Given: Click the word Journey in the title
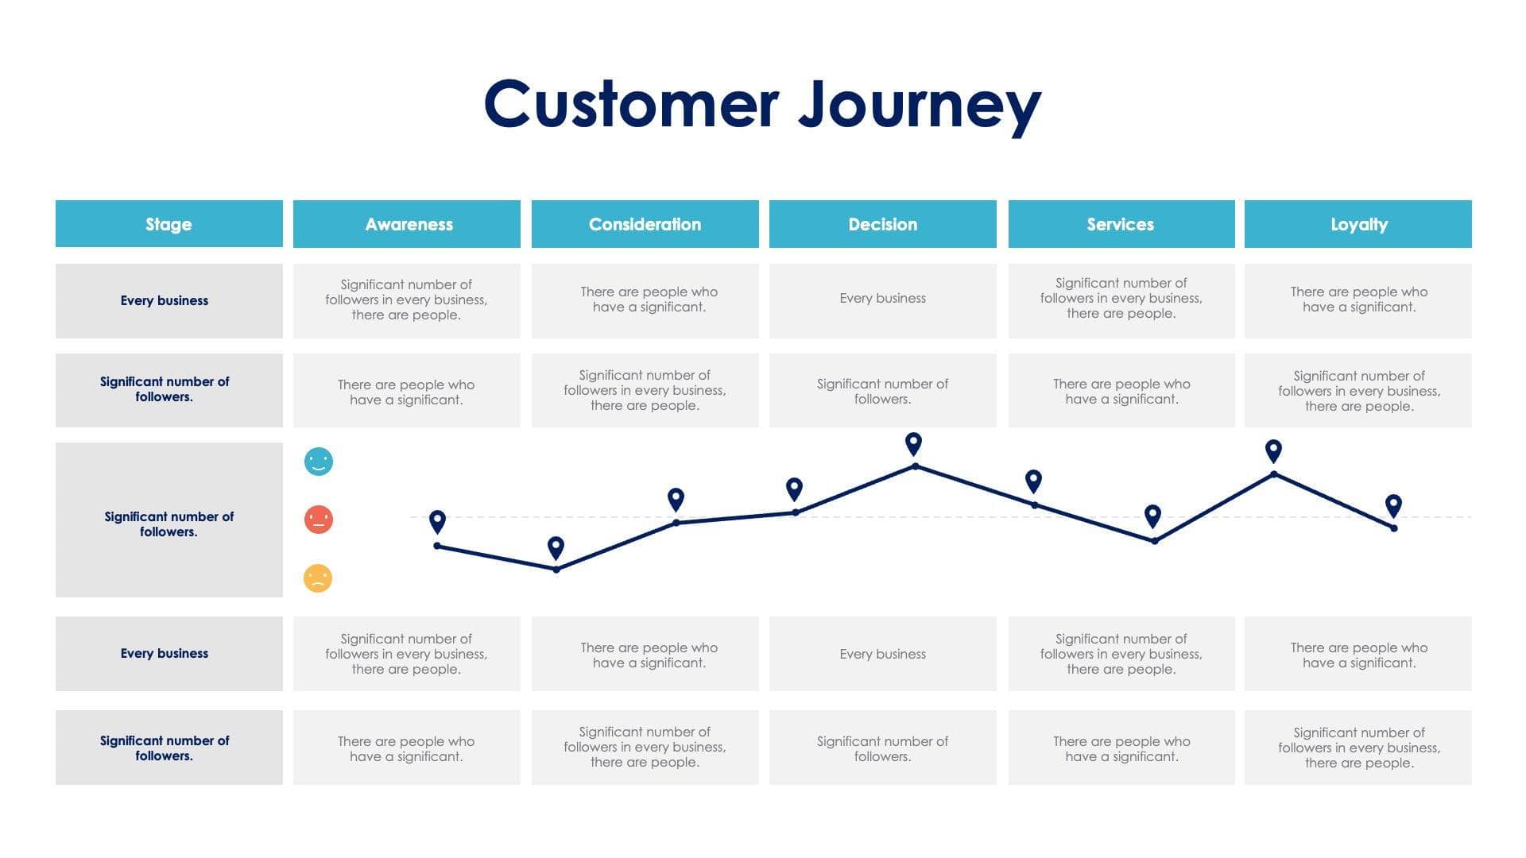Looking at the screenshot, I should point(920,105).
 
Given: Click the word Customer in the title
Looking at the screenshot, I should point(631,105).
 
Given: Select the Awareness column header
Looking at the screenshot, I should point(407,224).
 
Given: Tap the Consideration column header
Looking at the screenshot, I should point(645,224).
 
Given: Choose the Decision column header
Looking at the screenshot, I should point(882,224).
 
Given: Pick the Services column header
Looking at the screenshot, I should point(1121,224).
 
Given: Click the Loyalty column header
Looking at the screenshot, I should point(1358,224).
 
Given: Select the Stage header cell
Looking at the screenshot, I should point(168,224).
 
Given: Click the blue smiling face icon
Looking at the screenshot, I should point(319,462).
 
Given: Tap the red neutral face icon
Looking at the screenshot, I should point(319,520).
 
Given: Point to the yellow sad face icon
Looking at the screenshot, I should point(318,578).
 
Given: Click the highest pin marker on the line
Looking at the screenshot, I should point(914,443).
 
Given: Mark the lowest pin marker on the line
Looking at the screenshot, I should point(556,547).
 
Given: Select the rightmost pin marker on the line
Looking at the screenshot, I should point(1393,505).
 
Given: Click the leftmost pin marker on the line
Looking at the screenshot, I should point(437,521).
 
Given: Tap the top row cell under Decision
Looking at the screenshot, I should point(882,300).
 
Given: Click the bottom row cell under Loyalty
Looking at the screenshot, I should point(1358,748).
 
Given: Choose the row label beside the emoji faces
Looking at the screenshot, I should point(168,524).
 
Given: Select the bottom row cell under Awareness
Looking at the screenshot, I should point(407,748).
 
